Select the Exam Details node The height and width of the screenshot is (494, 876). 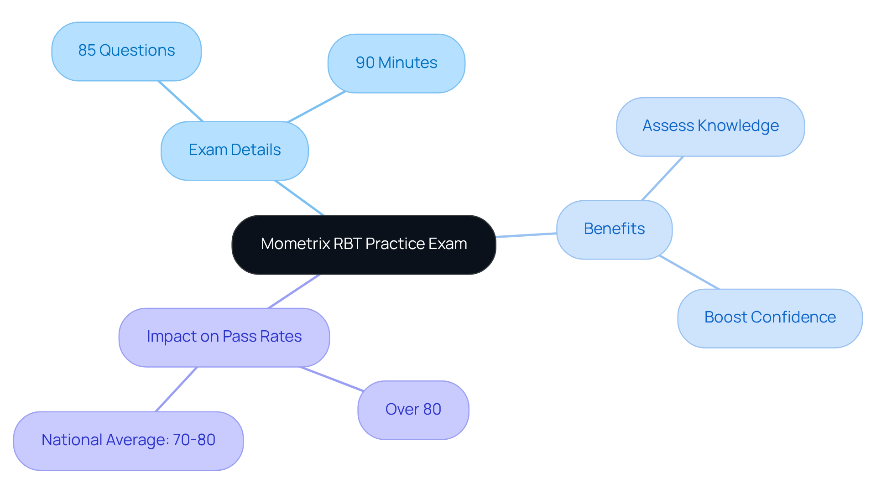click(x=235, y=151)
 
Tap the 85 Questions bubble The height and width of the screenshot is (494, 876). click(x=126, y=51)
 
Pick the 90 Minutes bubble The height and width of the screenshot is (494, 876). click(x=396, y=63)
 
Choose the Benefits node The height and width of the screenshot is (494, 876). click(x=614, y=229)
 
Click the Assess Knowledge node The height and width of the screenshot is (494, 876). click(x=710, y=126)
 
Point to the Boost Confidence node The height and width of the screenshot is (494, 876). click(x=770, y=318)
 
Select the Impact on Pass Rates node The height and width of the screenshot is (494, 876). click(x=224, y=337)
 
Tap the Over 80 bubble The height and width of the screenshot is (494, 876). click(x=413, y=410)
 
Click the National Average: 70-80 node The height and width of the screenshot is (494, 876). click(x=128, y=441)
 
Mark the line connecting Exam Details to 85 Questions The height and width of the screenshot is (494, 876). click(x=181, y=101)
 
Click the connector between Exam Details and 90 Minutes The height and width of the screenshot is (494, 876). click(x=316, y=107)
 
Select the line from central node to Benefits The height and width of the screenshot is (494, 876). click(x=526, y=235)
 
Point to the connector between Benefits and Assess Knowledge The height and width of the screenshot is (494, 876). click(x=662, y=178)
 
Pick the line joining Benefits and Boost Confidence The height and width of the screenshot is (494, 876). click(x=689, y=273)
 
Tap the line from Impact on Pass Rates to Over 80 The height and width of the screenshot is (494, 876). click(x=332, y=379)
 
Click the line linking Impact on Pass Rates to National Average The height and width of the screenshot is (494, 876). click(x=176, y=389)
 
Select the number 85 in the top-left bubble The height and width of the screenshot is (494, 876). click(x=87, y=51)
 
